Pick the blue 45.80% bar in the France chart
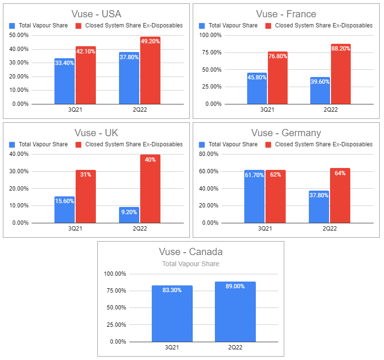tap(257, 88)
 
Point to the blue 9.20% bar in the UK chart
tap(129, 215)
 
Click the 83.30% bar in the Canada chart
tap(172, 313)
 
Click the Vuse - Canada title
tap(191, 252)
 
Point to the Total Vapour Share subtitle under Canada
tap(191, 264)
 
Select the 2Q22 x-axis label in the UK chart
tap(139, 229)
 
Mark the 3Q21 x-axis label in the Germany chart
tap(265, 229)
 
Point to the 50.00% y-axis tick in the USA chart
tap(19, 35)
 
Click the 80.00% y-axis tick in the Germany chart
tap(209, 154)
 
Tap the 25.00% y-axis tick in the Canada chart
tap(114, 325)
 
